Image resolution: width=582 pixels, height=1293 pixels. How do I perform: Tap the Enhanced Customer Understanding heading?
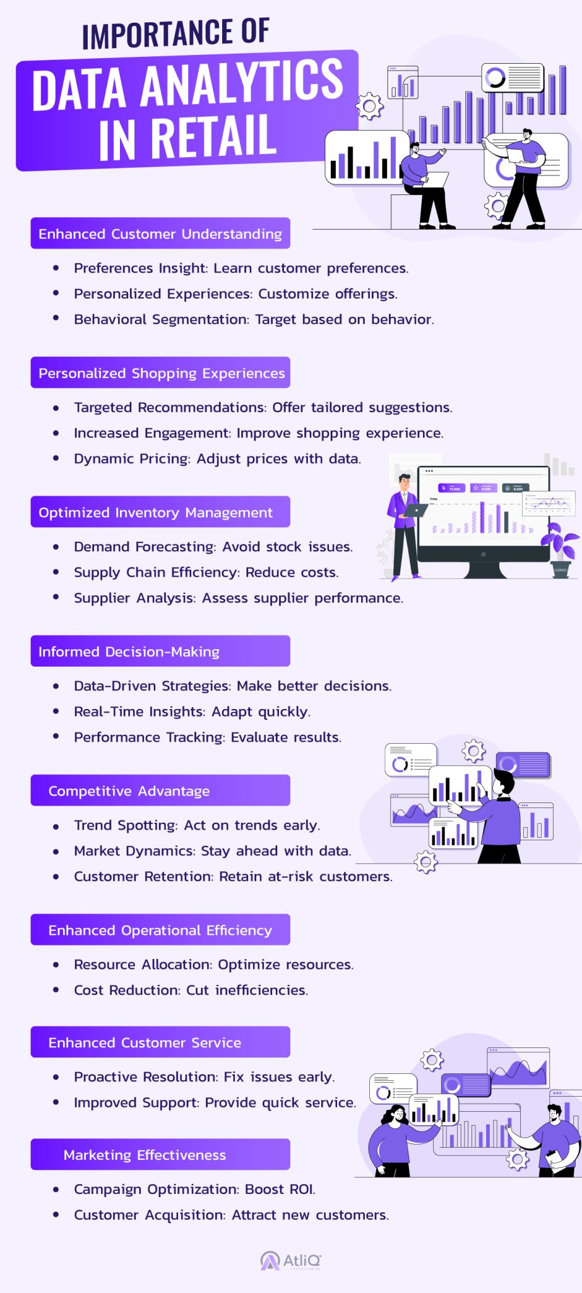click(x=160, y=234)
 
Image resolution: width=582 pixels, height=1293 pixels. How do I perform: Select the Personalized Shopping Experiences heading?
click(x=162, y=373)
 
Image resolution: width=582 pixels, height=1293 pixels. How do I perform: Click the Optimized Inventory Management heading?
click(x=155, y=512)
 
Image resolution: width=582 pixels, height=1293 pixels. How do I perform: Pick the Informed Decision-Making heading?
click(x=129, y=652)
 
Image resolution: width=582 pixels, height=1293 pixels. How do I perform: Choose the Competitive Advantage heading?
click(x=129, y=791)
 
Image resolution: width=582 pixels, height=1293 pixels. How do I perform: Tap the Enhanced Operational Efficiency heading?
click(x=160, y=930)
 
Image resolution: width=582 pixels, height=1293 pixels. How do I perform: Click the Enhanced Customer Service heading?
click(x=145, y=1042)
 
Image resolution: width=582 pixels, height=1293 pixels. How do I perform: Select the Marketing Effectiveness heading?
click(x=145, y=1155)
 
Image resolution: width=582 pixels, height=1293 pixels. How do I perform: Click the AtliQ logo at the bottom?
click(x=291, y=1261)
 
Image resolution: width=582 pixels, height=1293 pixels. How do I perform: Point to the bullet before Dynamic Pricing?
click(x=56, y=459)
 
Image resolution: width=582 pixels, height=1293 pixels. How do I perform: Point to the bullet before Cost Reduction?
click(x=56, y=990)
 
